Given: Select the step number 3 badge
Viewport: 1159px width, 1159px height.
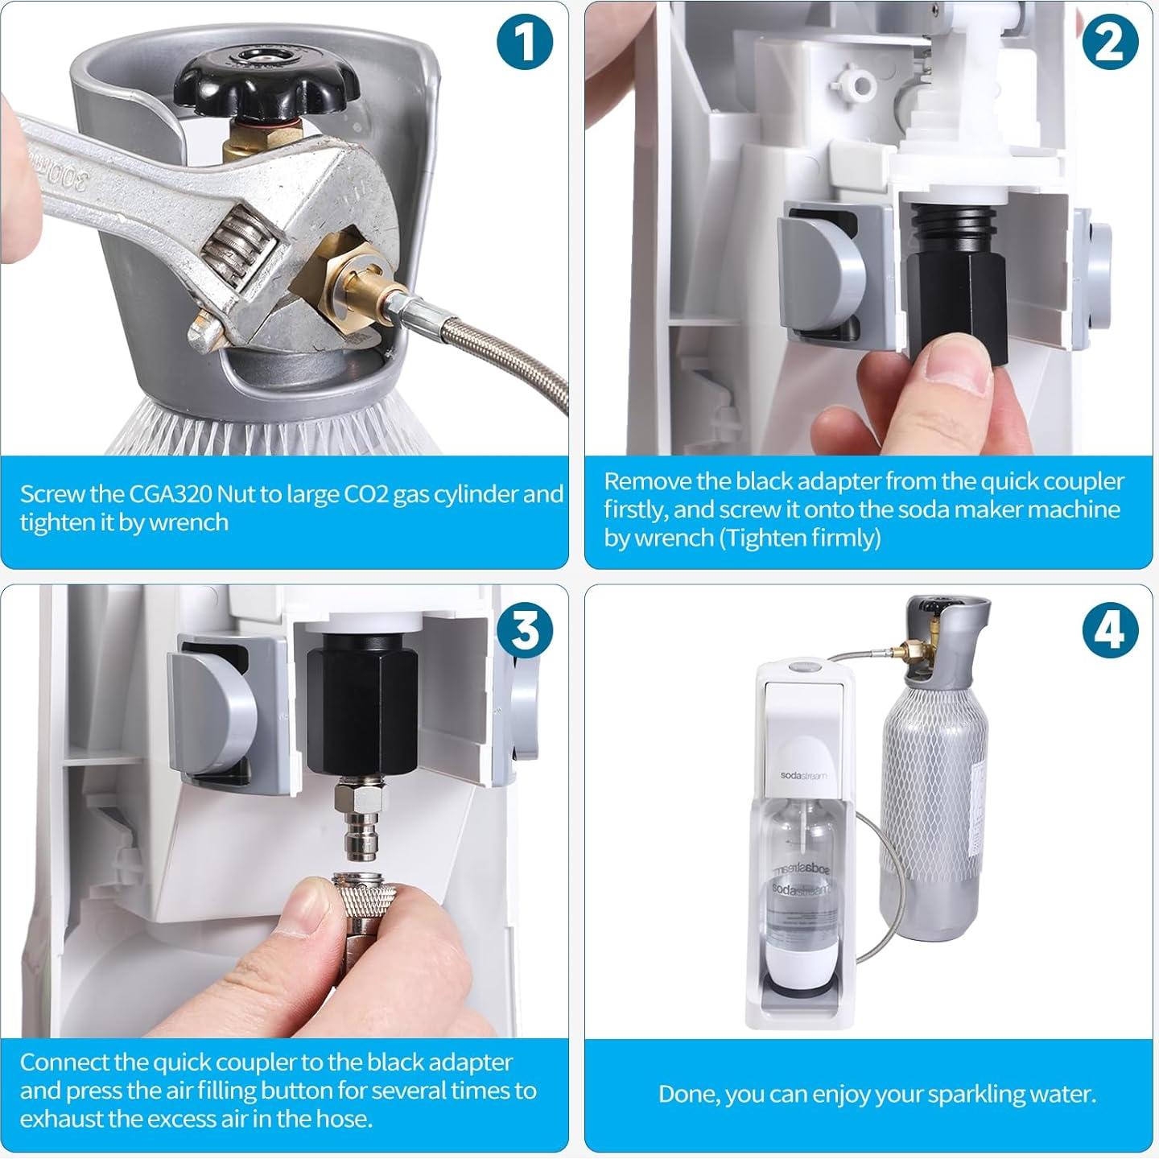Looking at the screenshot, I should click(524, 630).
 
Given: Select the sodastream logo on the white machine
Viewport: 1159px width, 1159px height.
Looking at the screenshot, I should click(802, 776).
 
